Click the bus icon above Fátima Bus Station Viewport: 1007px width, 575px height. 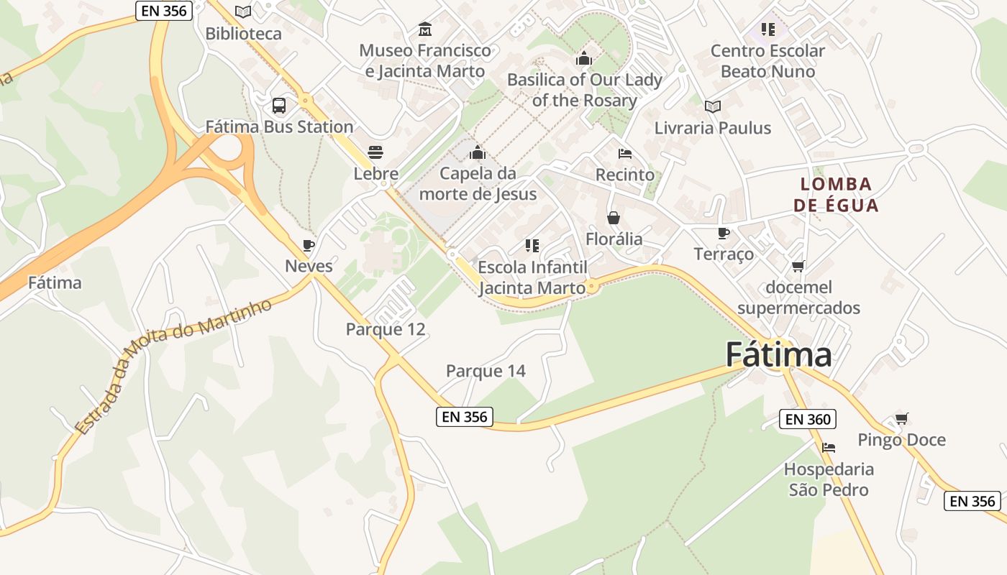click(279, 106)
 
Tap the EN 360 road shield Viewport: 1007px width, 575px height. click(808, 419)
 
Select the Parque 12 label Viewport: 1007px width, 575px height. click(386, 329)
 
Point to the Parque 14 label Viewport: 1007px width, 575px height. click(486, 371)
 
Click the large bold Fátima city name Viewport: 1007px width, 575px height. click(778, 354)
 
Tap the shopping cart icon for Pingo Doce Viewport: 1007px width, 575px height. click(901, 418)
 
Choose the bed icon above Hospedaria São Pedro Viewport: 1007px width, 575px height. click(829, 448)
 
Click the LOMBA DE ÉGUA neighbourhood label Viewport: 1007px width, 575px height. click(836, 195)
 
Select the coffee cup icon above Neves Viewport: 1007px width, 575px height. click(309, 245)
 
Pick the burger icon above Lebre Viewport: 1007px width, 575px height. click(375, 152)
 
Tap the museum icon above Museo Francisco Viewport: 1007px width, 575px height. click(425, 29)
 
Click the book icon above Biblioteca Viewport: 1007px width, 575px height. click(244, 11)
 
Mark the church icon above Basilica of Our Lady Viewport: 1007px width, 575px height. click(584, 58)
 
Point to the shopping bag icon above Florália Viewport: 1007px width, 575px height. click(614, 217)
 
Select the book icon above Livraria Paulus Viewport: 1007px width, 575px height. click(713, 106)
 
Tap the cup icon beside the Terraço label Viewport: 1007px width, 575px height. click(724, 233)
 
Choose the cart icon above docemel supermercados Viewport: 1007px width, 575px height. click(798, 267)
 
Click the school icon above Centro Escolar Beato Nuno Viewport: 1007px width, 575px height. click(768, 29)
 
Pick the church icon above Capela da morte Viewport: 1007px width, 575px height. click(478, 152)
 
